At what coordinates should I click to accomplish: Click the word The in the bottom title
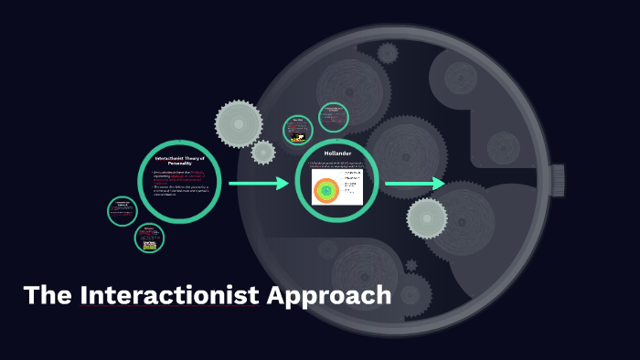48,296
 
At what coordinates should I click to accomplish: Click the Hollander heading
337,154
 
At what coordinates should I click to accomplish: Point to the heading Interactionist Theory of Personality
180,161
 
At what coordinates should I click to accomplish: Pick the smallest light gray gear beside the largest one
263,152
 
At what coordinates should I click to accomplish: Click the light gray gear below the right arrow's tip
427,217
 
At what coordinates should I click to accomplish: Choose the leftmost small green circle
122,211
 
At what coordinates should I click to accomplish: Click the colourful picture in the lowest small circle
149,243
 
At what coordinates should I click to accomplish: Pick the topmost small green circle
333,117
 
